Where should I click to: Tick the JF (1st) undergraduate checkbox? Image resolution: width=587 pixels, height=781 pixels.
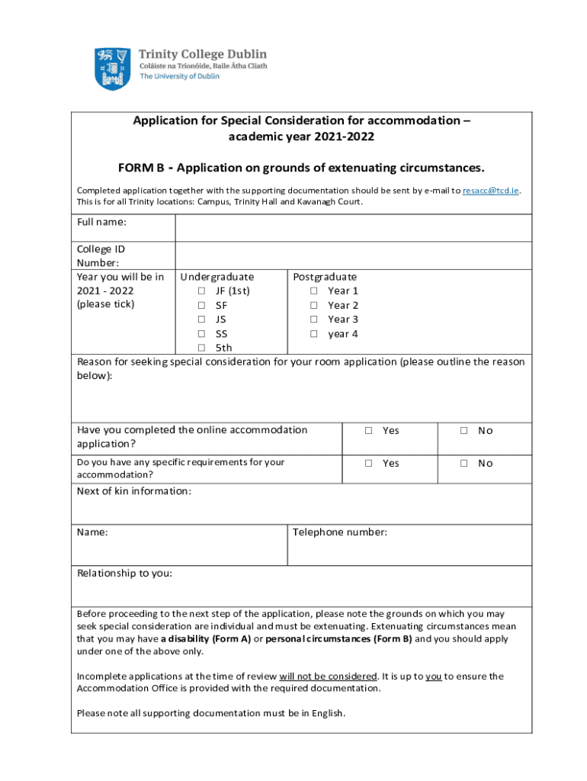coord(201,291)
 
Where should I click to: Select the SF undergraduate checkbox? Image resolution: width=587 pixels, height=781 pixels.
coord(201,306)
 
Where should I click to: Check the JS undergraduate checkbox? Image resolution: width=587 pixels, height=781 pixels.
coord(201,320)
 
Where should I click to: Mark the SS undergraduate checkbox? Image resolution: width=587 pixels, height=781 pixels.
coord(201,334)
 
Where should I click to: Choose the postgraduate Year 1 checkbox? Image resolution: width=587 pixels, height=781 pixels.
coord(313,291)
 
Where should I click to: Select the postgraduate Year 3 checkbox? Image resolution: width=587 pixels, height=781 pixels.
coord(313,320)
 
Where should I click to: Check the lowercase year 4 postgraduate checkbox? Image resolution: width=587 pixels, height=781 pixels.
coord(313,334)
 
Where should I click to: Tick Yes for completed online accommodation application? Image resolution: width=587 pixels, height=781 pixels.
coord(368,431)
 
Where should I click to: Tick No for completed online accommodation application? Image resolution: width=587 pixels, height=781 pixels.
coord(463,431)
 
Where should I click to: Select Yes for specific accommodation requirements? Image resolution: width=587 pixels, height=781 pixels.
coord(368,464)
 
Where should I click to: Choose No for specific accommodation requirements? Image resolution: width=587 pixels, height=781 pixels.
coord(463,464)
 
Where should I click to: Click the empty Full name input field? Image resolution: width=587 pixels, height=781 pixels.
coord(353,228)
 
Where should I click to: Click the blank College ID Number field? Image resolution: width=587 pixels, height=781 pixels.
coord(353,256)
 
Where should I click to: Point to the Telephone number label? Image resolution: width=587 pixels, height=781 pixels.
coord(340,532)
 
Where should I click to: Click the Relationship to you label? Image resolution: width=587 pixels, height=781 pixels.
coord(124,574)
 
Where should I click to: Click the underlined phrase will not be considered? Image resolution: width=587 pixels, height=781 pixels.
coord(329,677)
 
